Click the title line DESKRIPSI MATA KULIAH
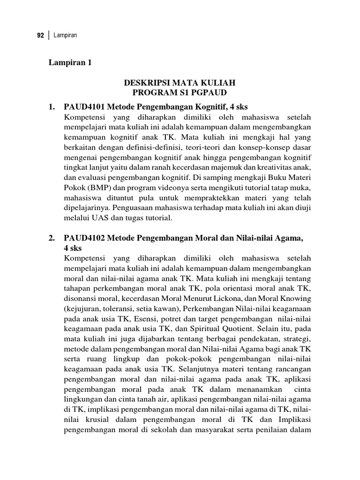[180, 83]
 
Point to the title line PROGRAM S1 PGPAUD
[180, 93]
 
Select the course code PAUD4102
[82, 239]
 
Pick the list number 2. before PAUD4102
[52, 239]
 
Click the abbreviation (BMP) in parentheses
[96, 187]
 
